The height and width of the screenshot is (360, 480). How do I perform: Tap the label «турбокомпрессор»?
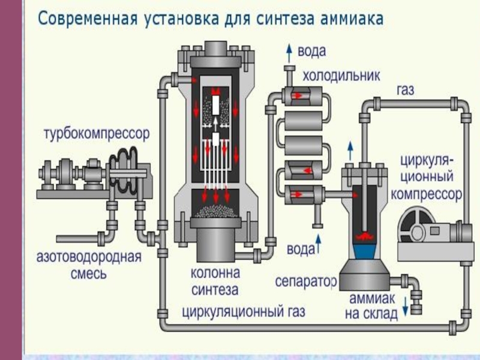[x=95, y=133]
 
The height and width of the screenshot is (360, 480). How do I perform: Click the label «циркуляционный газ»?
[x=244, y=312]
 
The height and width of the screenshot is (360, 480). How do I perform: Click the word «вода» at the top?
[x=311, y=52]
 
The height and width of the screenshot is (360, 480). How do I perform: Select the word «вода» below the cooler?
[x=301, y=248]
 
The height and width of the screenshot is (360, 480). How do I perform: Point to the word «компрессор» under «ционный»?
[x=426, y=194]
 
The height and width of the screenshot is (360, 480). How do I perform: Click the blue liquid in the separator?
[x=365, y=248]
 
